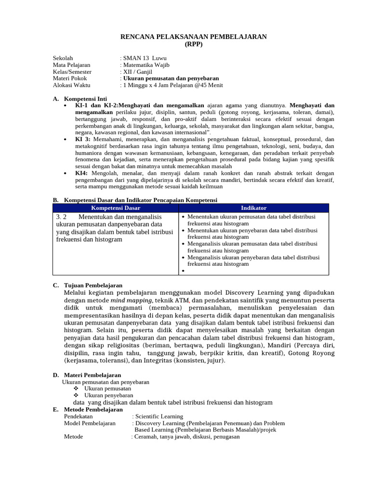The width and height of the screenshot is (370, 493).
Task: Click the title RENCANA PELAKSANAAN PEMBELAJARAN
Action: (x=193, y=37)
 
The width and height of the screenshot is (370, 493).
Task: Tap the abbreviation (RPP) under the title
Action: (x=194, y=44)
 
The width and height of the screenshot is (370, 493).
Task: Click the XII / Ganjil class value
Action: (x=138, y=72)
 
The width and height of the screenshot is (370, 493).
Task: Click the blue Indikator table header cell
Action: (x=253, y=208)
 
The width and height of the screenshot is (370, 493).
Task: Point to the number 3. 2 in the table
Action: (x=61, y=217)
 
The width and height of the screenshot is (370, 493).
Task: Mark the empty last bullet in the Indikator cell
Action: (x=184, y=271)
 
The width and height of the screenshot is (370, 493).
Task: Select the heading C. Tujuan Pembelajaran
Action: (x=87, y=285)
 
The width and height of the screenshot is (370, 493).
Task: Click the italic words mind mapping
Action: (x=129, y=301)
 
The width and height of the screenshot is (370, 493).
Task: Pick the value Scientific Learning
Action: (x=159, y=416)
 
